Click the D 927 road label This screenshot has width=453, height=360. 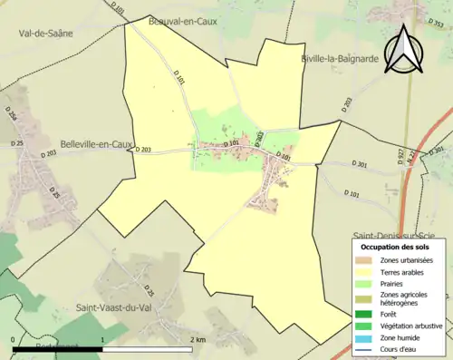tap(399, 155)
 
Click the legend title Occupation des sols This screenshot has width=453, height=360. tap(395, 247)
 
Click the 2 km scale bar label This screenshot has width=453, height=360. tap(199, 339)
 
